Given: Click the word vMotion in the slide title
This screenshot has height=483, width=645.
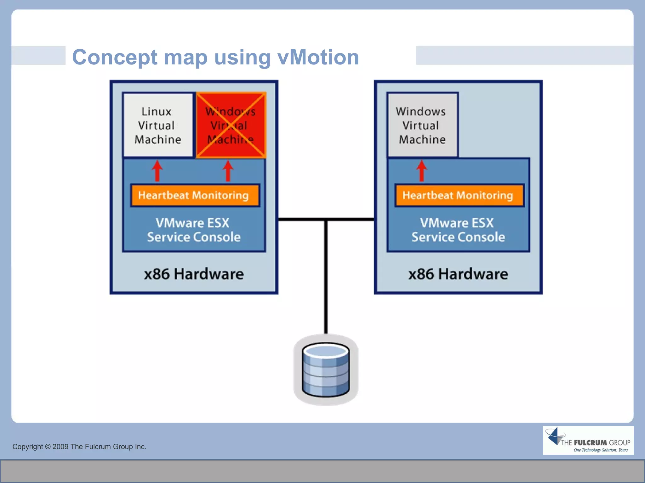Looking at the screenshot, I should [318, 57].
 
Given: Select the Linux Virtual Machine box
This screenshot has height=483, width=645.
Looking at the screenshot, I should [157, 125].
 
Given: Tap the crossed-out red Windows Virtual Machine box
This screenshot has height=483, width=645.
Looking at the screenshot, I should [231, 125].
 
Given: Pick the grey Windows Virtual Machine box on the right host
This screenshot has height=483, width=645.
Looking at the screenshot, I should [422, 125].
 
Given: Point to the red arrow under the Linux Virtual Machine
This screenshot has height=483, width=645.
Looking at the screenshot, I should [157, 171].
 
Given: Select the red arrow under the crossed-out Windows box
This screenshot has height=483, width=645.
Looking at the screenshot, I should [228, 171].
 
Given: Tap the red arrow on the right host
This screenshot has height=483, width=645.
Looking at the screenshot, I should [422, 171].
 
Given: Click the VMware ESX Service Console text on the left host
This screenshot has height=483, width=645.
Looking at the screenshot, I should [193, 230].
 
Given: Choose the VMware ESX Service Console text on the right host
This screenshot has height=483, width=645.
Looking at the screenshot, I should [458, 230].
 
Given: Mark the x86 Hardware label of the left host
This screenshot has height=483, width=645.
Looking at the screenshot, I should [194, 274].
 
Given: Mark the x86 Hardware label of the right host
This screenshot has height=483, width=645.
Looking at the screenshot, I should [458, 274].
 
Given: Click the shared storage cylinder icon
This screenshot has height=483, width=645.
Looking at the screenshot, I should [326, 370].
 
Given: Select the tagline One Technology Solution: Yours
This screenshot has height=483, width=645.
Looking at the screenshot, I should [600, 450].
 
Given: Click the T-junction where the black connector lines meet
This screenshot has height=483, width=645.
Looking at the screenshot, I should [326, 219].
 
